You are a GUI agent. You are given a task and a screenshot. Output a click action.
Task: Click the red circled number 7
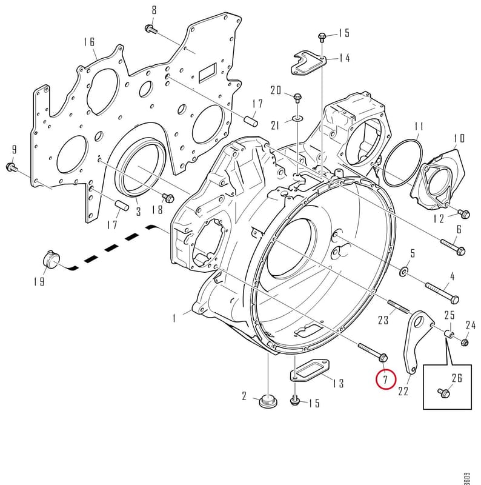385,380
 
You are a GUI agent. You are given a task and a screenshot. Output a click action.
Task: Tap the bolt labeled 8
151,29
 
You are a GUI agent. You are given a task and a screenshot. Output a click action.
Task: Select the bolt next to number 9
12,167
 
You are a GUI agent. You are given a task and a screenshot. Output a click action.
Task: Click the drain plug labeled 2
268,401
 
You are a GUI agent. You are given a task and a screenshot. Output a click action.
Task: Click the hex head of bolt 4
455,299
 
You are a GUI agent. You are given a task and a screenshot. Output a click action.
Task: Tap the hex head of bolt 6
460,250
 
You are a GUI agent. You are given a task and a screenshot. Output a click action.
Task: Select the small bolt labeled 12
463,213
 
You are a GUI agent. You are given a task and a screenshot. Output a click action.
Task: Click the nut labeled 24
464,343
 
